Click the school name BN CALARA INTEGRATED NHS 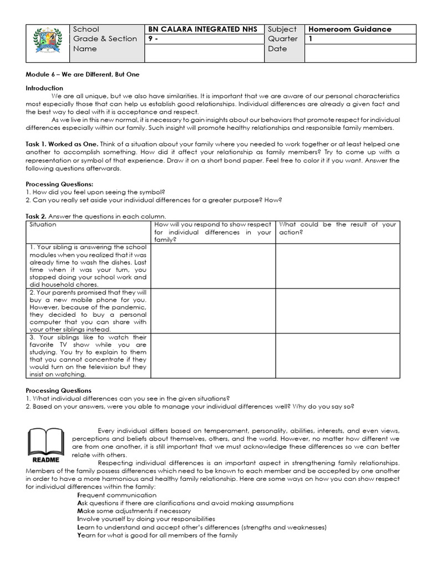[x=201, y=29]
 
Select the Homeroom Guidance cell [x=350, y=29]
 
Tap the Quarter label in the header [x=282, y=39]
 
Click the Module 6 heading [x=83, y=74]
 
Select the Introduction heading [x=44, y=88]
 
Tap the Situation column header [x=43, y=225]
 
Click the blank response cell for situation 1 [x=213, y=266]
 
